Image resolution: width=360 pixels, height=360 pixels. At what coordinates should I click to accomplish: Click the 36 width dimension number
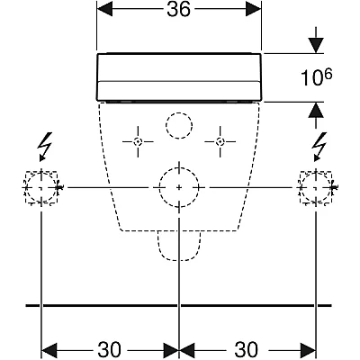(x=179, y=10)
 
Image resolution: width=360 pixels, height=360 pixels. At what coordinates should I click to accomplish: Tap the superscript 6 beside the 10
(x=328, y=74)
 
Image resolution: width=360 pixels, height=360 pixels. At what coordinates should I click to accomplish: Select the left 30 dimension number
(x=109, y=349)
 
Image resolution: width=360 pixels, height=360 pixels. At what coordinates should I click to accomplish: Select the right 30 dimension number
(x=246, y=349)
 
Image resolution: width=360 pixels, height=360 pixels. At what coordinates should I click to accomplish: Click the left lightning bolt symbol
(x=44, y=146)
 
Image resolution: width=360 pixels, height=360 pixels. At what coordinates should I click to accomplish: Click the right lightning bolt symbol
(x=319, y=146)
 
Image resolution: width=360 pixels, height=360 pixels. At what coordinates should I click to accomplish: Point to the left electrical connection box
(x=40, y=187)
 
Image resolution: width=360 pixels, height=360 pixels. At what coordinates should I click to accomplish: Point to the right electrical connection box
(x=315, y=187)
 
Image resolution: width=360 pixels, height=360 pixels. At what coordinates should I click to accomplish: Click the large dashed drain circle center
(x=179, y=187)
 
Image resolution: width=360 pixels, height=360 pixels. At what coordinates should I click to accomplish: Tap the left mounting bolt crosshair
(x=138, y=141)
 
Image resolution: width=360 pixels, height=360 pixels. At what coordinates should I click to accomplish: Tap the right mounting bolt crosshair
(x=220, y=141)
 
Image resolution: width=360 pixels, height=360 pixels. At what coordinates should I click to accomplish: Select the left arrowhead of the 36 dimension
(x=104, y=10)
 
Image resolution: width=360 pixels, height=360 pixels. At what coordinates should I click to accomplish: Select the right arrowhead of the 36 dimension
(x=254, y=10)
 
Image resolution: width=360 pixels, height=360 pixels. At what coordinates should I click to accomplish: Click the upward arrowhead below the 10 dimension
(x=316, y=110)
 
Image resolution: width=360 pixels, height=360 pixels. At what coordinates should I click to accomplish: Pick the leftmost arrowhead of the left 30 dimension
(x=49, y=350)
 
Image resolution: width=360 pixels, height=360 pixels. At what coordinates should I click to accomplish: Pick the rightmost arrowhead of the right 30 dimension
(x=307, y=350)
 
